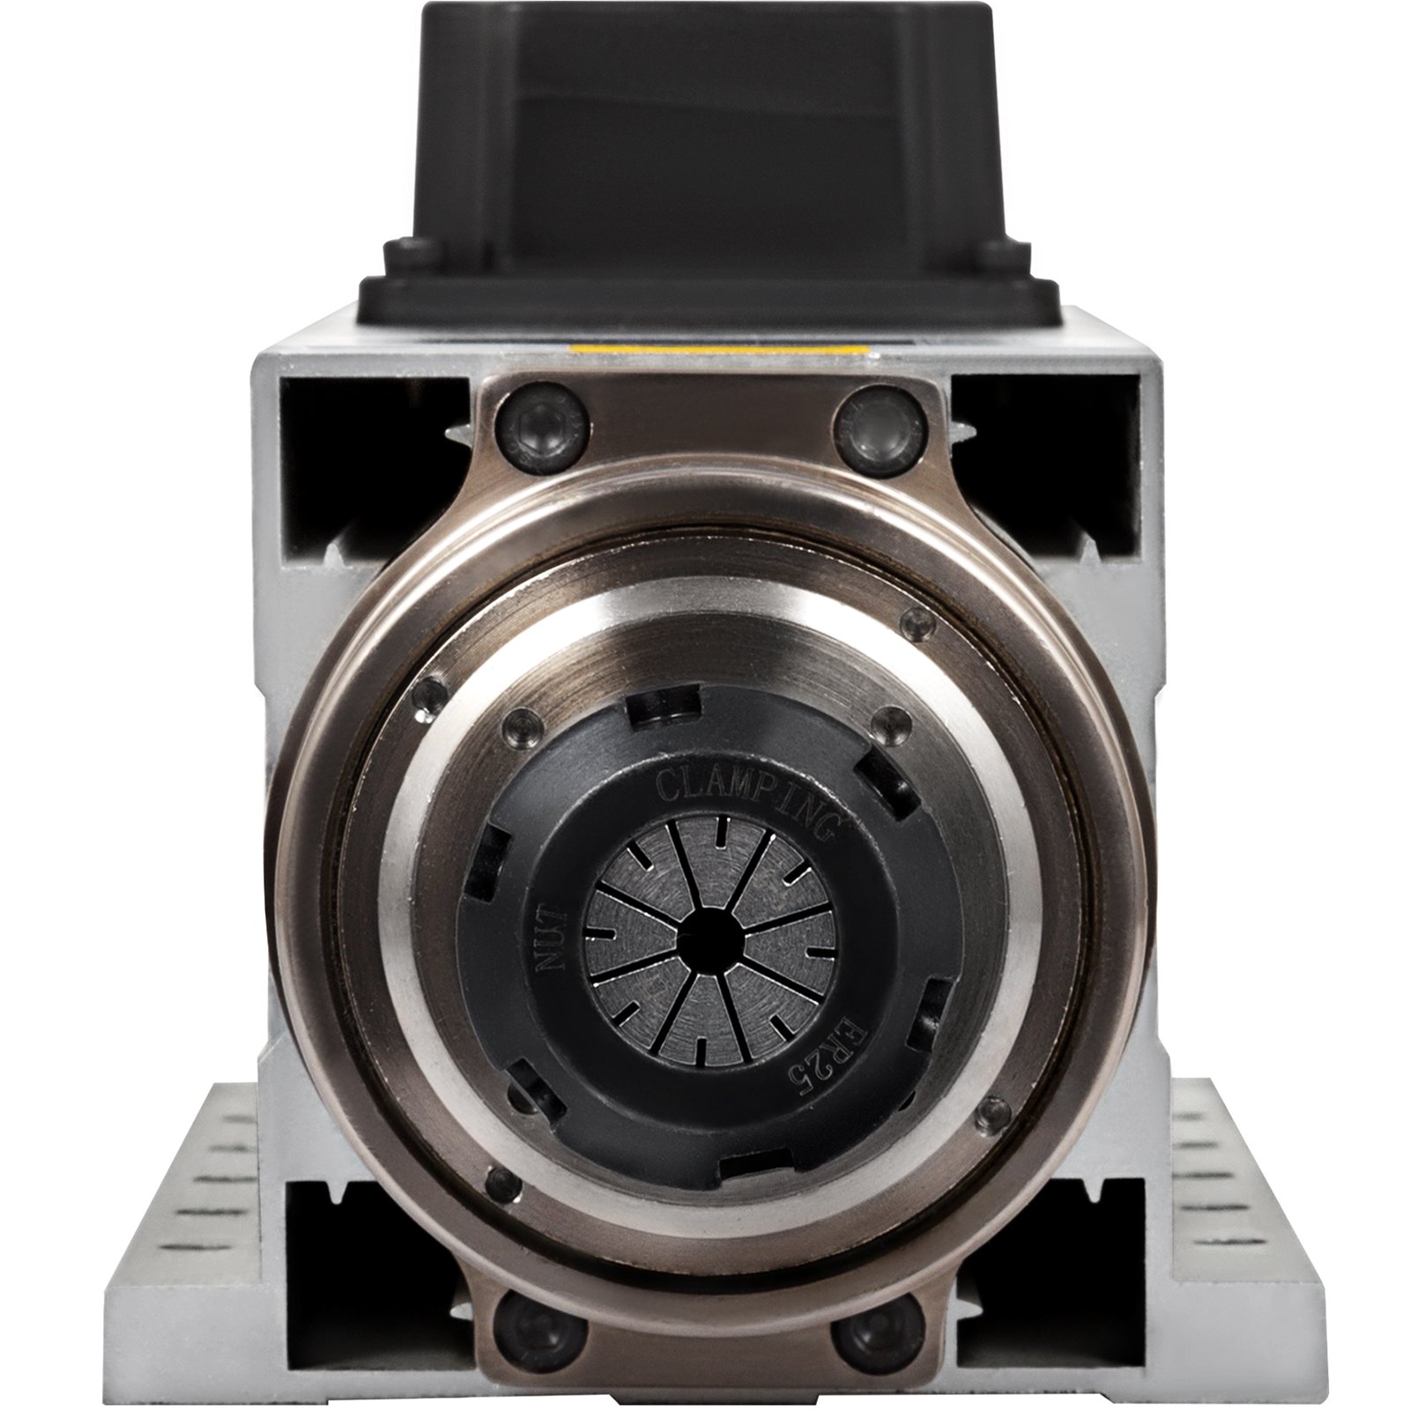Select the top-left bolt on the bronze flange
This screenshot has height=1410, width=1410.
538,428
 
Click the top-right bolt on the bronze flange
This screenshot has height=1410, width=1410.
875,430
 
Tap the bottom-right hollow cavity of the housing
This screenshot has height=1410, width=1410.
1057,1234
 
